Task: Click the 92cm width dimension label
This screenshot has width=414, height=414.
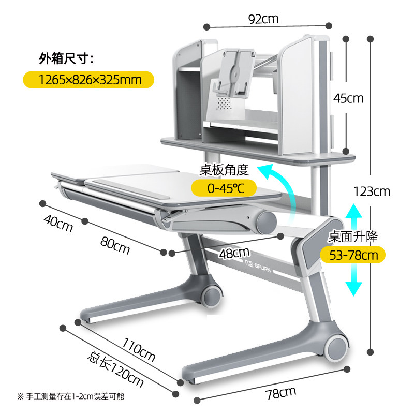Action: tap(263, 19)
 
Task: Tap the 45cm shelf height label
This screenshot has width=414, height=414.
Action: tap(348, 98)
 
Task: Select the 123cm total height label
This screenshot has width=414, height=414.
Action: tap(371, 191)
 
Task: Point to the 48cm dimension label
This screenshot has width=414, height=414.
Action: tap(234, 253)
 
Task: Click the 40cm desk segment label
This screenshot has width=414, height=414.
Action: tap(58, 223)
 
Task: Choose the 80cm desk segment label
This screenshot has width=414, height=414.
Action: tap(114, 243)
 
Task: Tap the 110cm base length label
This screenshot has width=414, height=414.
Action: tap(139, 349)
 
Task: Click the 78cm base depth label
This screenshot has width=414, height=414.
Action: tap(280, 393)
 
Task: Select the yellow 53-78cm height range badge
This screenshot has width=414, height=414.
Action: tap(349, 255)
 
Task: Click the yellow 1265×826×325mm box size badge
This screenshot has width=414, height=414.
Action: tap(90, 79)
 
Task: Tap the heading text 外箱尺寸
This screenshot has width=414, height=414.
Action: tap(66, 58)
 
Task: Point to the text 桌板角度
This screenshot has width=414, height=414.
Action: tap(225, 169)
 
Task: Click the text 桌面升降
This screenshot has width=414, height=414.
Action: tap(353, 237)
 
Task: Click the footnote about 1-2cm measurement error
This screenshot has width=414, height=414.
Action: tap(71, 396)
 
